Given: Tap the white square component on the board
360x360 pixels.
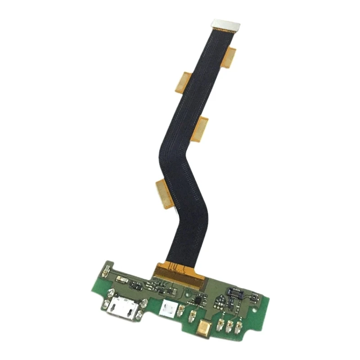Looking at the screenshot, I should (x=168, y=308).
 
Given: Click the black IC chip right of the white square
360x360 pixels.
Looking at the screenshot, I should (x=196, y=299).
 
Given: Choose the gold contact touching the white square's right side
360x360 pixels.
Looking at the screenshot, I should (x=180, y=310).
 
